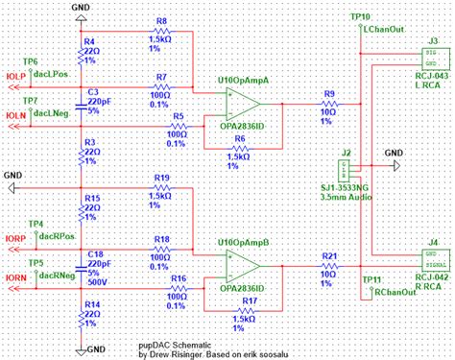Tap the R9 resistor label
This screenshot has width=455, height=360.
point(329,93)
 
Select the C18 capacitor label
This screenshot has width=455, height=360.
point(96,254)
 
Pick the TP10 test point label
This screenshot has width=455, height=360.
point(360,17)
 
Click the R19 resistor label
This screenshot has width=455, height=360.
point(161,178)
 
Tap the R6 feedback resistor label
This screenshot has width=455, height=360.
point(239,138)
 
